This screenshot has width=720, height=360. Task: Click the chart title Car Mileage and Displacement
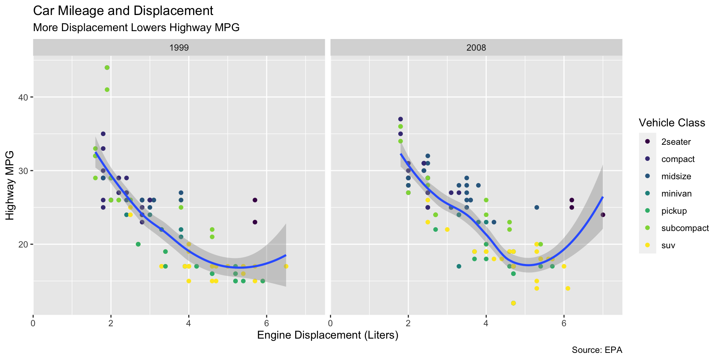coord(123,11)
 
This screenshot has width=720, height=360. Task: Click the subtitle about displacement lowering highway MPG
coord(136,28)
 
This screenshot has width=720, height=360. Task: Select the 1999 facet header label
coord(179,48)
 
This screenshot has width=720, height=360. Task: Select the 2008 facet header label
coord(476,48)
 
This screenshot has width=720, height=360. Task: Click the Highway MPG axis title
coord(10,185)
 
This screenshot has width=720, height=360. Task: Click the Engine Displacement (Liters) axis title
coord(327,335)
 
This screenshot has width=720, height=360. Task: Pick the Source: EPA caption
coord(597,350)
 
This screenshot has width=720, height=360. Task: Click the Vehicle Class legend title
coord(672,123)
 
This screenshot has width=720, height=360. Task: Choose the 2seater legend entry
coord(676,142)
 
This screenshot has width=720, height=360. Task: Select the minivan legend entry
coord(676,193)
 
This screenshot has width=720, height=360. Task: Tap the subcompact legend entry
coord(685,228)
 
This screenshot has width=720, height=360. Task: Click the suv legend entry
coord(668,246)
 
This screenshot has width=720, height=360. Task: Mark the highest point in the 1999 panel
coord(107,67)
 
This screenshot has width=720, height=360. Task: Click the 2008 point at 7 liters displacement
coord(603,215)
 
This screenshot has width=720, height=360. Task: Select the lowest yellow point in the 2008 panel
coord(513,303)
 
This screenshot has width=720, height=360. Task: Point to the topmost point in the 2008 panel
coord(400,119)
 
